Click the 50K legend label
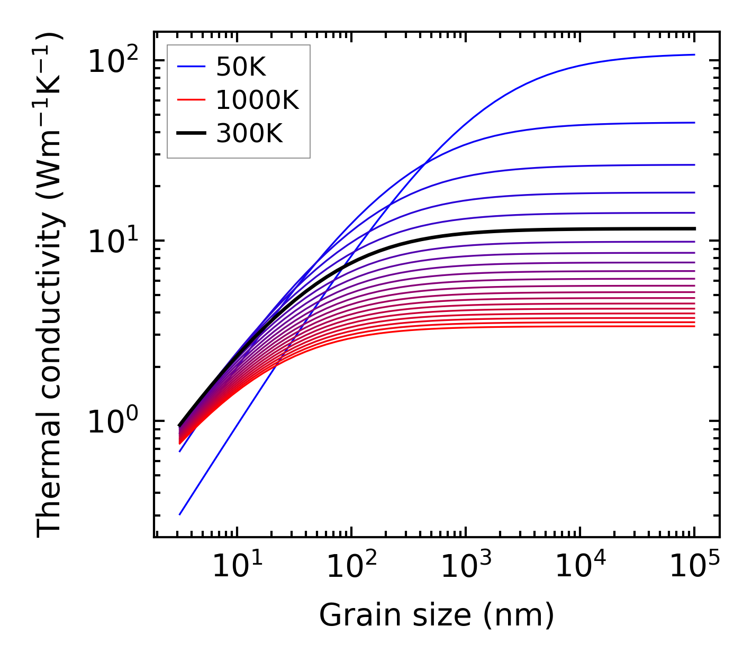pos(240,67)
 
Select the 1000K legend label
pos(257,100)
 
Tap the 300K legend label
pos(249,134)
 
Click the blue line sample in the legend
pos(191,67)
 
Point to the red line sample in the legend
pos(191,100)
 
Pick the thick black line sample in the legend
pos(191,134)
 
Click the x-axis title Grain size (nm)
pos(437,615)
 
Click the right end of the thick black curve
pos(694,228)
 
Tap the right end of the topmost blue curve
pos(694,54)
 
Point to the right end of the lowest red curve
pos(694,326)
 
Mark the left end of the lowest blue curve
pos(180,514)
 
